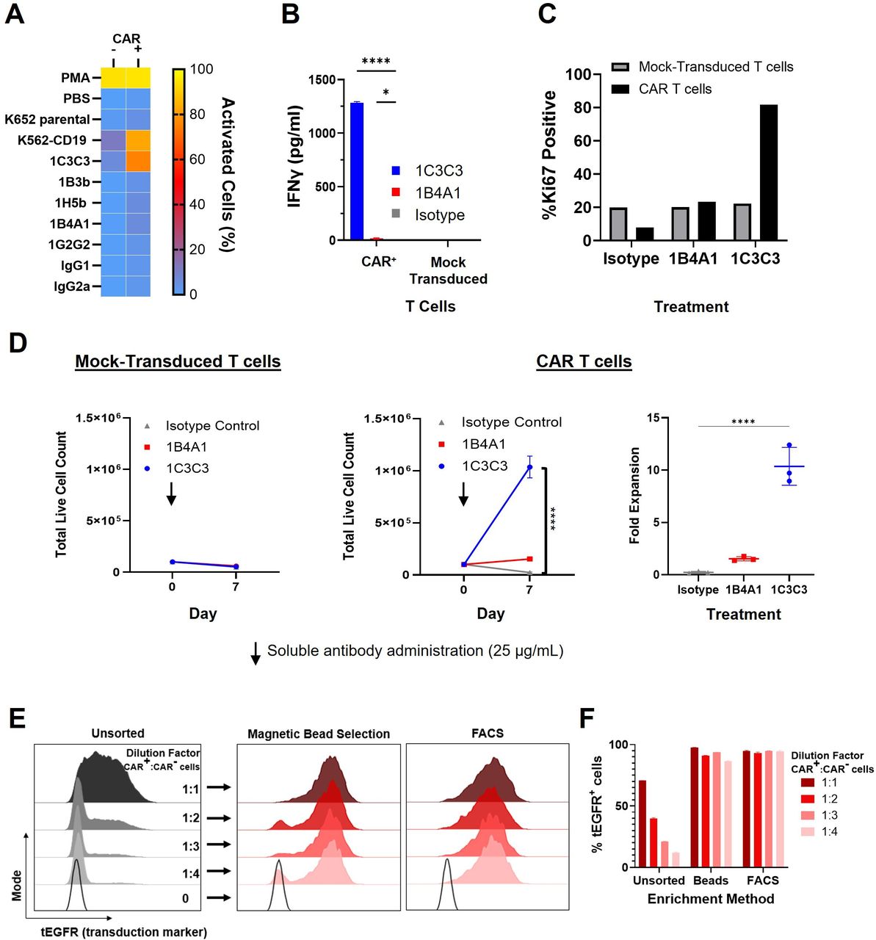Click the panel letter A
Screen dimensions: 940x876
coord(15,15)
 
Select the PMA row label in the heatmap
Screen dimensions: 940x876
coord(76,78)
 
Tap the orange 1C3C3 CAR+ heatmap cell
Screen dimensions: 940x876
coord(138,161)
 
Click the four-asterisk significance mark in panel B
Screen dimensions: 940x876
coord(376,61)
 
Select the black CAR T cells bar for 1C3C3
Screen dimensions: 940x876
coord(769,173)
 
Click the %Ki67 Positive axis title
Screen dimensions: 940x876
coord(549,156)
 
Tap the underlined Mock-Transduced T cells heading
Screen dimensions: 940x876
coord(178,361)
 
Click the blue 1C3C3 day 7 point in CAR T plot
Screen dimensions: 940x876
coord(529,467)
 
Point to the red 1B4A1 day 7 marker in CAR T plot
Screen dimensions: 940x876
coord(529,559)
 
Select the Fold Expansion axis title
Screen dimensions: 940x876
coord(634,495)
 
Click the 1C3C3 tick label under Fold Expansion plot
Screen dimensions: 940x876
coord(789,589)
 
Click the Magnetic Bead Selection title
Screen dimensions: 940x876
coord(319,734)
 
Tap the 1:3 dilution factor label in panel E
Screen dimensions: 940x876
coord(191,846)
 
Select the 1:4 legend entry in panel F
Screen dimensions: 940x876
coord(830,832)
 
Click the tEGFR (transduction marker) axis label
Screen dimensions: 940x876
coord(123,932)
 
